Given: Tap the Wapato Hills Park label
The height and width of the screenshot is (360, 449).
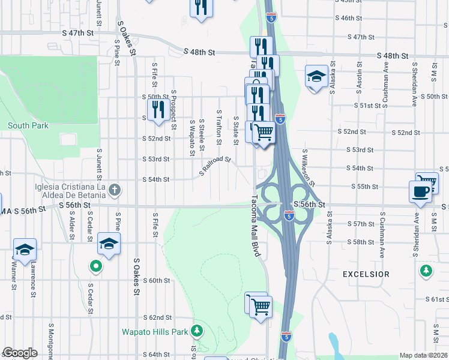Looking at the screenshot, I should pos(155,331).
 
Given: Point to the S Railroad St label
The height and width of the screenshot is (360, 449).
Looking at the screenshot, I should pos(215,166).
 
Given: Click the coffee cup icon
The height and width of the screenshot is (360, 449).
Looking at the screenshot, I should pos(420,192).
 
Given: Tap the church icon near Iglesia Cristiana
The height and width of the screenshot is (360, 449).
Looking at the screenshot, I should pos(115,191).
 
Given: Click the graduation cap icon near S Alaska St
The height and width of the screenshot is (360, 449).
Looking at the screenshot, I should pos(316,76).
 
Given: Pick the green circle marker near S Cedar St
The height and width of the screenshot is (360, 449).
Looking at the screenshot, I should pos(95,265).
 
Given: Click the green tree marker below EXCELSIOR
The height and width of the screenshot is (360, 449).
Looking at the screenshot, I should pos(426,271).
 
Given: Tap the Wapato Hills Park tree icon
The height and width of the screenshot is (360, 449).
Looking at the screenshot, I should pos(197,331).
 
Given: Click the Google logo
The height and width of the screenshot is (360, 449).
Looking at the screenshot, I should pos(20,353).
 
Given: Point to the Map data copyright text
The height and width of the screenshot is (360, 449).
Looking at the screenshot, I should pos(423,355).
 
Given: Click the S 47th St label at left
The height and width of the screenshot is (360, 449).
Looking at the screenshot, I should pos(82,33).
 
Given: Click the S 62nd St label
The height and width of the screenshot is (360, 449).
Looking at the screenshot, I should pos(157,317).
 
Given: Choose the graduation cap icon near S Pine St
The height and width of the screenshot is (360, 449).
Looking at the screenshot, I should pos(109,244).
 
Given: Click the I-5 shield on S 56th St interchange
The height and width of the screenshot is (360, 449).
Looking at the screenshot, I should pos(289,214).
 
